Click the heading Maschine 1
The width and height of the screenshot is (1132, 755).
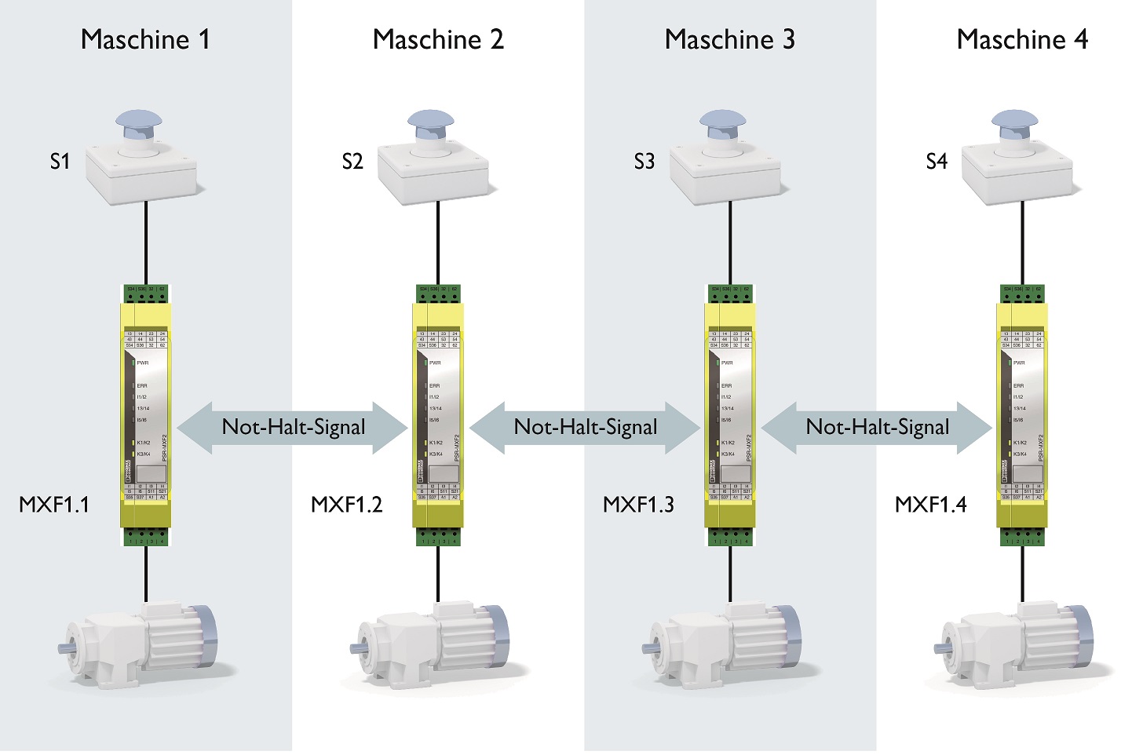[x=145, y=39]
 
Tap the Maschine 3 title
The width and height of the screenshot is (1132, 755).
[x=729, y=39]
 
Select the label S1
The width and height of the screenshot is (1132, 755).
[x=60, y=162]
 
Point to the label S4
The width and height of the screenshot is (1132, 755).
[x=937, y=162]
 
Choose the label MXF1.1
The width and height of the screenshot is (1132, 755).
[x=54, y=504]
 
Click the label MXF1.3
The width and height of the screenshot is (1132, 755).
[x=638, y=504]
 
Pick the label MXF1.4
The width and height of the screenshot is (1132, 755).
[x=930, y=504]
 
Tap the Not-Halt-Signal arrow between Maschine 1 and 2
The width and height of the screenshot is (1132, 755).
[x=294, y=428]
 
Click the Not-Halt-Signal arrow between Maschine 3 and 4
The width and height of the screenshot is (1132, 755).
[x=878, y=428]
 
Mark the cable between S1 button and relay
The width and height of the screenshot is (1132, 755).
[x=146, y=243]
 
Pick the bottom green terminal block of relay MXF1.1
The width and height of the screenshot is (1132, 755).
[x=146, y=538]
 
